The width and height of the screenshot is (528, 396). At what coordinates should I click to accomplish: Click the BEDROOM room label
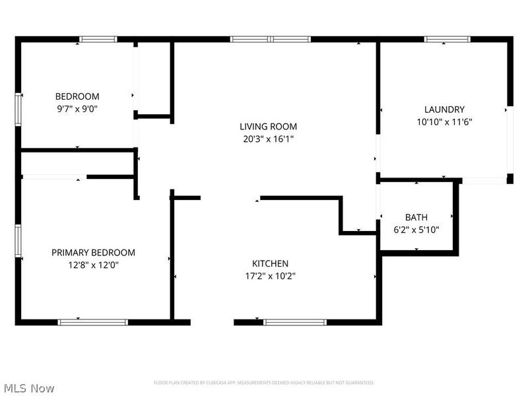pos(77,96)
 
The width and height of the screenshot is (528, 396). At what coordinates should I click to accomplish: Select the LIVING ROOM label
pos(268,126)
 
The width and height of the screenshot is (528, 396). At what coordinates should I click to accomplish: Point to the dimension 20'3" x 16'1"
pos(268,139)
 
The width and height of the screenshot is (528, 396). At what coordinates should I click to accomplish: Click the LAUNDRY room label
pos(444,110)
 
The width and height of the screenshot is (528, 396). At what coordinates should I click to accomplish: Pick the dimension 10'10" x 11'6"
pos(444,122)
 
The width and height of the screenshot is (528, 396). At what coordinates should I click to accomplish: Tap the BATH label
pos(416,217)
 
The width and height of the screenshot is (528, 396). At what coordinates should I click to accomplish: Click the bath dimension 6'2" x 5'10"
pos(416,230)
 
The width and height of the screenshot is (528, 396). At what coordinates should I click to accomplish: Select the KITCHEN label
pos(270,263)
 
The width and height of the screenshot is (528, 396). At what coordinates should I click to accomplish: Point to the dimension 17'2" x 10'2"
pos(270,276)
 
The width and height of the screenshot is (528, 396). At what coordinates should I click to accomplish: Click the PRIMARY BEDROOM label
pos(94,252)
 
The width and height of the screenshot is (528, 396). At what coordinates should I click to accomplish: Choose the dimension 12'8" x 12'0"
pos(94,265)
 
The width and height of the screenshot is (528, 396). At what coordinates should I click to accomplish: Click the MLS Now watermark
pos(28,388)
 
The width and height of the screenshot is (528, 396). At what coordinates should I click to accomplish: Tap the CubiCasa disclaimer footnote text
pos(264,383)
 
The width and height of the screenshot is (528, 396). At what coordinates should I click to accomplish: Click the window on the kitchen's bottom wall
pos(295,322)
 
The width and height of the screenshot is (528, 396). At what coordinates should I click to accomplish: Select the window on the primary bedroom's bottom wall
pos(93,322)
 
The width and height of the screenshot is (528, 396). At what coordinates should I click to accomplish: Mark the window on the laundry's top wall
pos(447,39)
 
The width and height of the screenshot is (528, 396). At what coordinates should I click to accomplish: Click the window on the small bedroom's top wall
pos(98,39)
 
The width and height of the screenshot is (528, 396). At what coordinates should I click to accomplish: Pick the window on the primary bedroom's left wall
pos(18,244)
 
